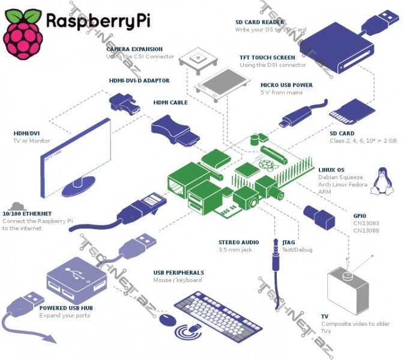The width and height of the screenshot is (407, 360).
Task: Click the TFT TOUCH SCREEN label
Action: pyautogui.click(x=267, y=58)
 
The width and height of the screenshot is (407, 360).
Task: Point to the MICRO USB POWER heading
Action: pyautogui.click(x=286, y=85)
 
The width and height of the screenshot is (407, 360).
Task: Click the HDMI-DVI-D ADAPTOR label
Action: pyautogui.click(x=139, y=80)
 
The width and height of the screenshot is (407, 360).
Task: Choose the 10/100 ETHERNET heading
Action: pyautogui.click(x=27, y=214)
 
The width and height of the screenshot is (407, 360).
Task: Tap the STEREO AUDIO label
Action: pyautogui.click(x=238, y=242)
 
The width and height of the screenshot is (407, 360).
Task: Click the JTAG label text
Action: pyautogui.click(x=289, y=242)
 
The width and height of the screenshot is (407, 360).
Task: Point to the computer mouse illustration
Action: pyautogui.click(x=168, y=319)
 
